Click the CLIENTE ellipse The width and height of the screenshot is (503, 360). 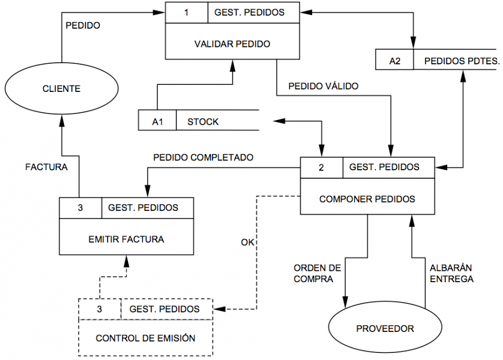[x=61, y=89]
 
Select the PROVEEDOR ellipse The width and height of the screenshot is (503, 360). [x=385, y=328]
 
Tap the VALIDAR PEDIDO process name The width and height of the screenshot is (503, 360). [x=232, y=44]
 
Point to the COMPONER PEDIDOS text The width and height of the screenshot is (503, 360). [x=367, y=199]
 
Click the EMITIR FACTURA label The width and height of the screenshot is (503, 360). [x=127, y=238]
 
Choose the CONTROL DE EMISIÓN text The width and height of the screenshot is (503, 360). [x=145, y=338]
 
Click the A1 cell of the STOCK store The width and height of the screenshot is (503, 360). [x=157, y=122]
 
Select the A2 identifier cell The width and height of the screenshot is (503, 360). [x=395, y=61]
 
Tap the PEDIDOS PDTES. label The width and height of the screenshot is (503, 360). [x=454, y=61]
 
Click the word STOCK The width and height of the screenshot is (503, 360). [x=203, y=122]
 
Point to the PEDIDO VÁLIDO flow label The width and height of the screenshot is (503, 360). [x=323, y=86]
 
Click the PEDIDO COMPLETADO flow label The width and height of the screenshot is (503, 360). [x=203, y=158]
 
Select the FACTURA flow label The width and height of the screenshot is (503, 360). [x=47, y=167]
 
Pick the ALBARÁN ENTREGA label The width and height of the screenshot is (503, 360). [x=452, y=274]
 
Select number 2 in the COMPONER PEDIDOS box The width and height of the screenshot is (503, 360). [x=321, y=168]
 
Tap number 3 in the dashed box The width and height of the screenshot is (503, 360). [x=100, y=309]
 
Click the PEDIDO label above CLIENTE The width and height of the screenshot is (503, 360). [x=82, y=25]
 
